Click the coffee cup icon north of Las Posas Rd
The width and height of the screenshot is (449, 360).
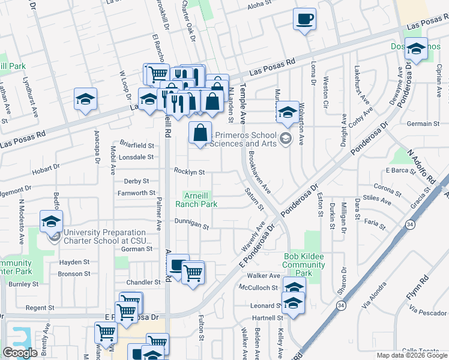304,19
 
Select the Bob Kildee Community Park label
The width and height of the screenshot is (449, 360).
303,265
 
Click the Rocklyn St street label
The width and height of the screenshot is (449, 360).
190,172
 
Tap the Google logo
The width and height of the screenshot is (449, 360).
20,353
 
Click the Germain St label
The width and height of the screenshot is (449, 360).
424,124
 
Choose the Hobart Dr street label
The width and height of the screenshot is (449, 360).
46,170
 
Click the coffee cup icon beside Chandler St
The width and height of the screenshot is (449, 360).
178,266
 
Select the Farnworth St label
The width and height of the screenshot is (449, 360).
136,193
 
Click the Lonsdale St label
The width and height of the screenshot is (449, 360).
137,157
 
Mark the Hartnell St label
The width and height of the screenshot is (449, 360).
267,317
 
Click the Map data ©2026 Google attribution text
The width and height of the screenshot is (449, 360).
412,355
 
